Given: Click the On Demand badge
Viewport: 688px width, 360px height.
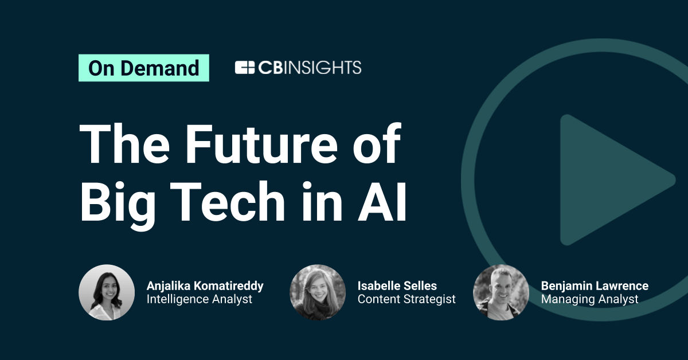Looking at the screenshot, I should click(143, 68).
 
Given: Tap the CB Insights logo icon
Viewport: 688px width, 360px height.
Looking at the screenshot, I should click(245, 68).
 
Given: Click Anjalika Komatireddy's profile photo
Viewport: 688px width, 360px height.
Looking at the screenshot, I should click(107, 292).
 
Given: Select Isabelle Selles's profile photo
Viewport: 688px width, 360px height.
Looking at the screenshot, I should click(318, 292).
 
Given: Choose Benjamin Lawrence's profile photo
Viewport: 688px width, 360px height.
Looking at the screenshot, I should click(501, 292).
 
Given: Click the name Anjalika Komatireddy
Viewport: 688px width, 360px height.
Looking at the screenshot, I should click(205, 285).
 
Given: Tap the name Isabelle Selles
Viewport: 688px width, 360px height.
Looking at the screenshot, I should click(397, 285).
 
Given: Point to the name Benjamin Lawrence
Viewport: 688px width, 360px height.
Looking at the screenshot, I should click(595, 285).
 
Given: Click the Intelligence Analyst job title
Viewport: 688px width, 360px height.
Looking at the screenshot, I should click(199, 299).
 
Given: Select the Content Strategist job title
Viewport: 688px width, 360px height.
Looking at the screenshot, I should click(406, 299).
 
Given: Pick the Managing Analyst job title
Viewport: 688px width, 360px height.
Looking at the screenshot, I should click(589, 299).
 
